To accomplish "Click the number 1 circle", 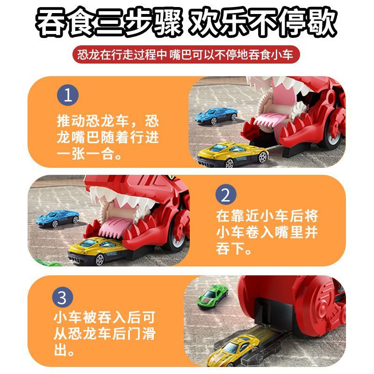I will (68, 96).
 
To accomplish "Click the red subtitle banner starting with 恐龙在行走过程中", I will (187, 56).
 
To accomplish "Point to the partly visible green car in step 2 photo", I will (40, 262).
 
